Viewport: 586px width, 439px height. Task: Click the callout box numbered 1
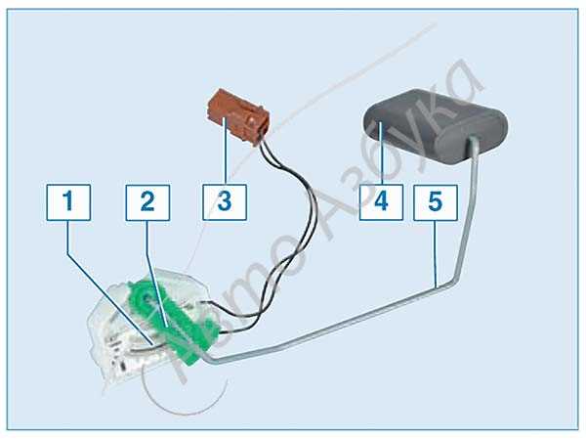point(68,202)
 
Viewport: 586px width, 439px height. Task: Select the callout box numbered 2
point(147,202)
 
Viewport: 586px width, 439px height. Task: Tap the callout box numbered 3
point(225,202)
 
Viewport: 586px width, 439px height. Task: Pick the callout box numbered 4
point(381,202)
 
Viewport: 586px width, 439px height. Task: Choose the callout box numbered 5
point(436,202)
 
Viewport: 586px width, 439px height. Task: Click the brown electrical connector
point(238,116)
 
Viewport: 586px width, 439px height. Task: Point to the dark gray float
point(436,125)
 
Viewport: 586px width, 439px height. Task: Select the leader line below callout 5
point(437,254)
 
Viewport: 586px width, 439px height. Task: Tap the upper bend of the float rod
point(455,279)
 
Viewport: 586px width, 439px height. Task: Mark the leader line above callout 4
point(380,154)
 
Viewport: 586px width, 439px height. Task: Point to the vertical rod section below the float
point(468,209)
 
